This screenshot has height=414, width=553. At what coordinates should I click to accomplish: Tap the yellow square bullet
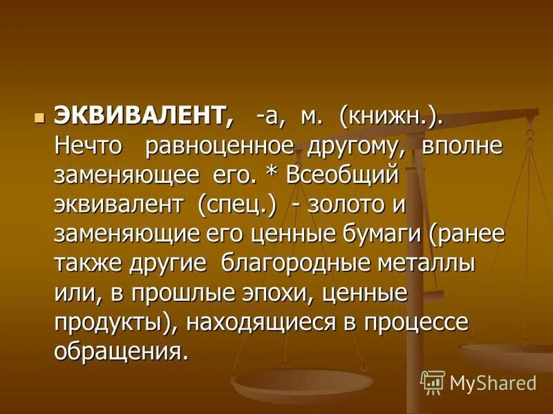pyautogui.click(x=39, y=117)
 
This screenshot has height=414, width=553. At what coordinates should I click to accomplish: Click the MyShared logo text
pyautogui.click(x=492, y=382)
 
